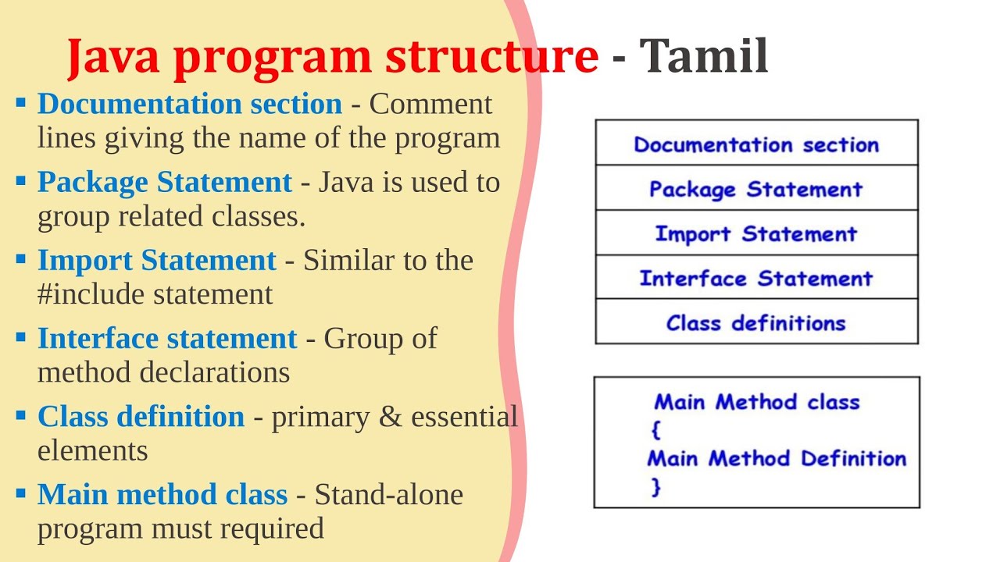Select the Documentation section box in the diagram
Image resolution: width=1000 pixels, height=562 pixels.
(756, 144)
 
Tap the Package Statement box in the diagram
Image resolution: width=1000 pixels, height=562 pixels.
(756, 188)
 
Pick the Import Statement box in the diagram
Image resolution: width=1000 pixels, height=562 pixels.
(756, 233)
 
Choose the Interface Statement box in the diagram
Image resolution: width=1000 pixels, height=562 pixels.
(756, 278)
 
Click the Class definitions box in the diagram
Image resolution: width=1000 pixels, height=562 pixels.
(756, 322)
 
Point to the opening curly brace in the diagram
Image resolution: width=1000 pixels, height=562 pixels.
(655, 430)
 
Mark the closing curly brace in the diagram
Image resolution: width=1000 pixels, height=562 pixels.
(655, 487)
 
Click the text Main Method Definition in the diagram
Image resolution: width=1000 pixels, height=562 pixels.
(777, 458)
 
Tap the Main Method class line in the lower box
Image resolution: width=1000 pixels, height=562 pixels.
(756, 402)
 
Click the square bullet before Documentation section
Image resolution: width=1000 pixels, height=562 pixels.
(21, 102)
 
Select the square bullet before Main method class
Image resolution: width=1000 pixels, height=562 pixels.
(21, 493)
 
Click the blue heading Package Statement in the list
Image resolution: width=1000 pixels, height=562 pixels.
(164, 183)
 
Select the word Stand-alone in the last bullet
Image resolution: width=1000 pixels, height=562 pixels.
(389, 495)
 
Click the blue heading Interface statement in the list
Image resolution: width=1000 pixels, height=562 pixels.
(167, 339)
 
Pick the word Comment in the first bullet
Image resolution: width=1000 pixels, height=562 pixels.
(430, 105)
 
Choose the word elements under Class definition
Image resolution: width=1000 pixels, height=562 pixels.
(92, 450)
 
